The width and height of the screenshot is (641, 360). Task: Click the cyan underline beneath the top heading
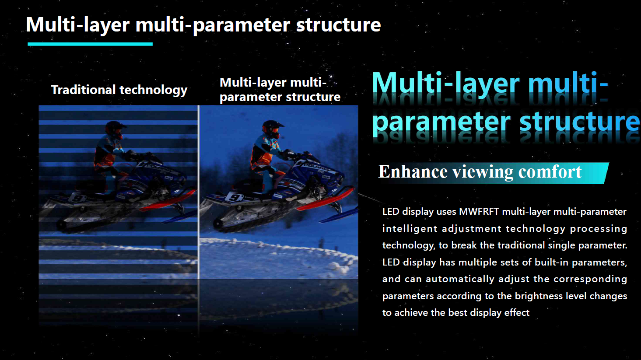pos(90,44)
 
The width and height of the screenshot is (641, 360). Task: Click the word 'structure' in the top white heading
pos(338,24)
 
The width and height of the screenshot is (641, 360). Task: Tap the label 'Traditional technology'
pos(119,90)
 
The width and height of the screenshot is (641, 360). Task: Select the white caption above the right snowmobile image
pos(280,90)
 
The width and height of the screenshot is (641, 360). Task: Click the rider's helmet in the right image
pos(273,129)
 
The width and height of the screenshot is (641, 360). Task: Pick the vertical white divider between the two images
pos(198,192)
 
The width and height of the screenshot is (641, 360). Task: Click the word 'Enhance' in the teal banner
pos(413,172)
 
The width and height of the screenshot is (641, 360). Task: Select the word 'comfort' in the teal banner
pos(550,172)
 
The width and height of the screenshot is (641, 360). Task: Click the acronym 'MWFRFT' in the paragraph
pos(479,212)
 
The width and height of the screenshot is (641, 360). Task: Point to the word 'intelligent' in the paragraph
pos(410,229)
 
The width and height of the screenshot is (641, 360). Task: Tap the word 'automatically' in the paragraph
pos(460,279)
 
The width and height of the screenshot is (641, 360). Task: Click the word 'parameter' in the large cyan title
pos(441,122)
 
